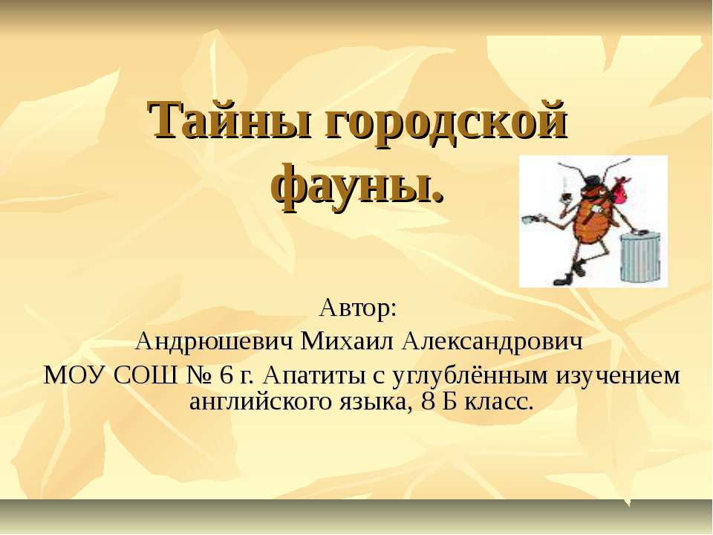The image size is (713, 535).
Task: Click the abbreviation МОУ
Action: (x=75, y=376)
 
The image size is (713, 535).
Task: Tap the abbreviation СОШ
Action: (x=144, y=376)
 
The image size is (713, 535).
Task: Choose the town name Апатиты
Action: (x=319, y=376)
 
